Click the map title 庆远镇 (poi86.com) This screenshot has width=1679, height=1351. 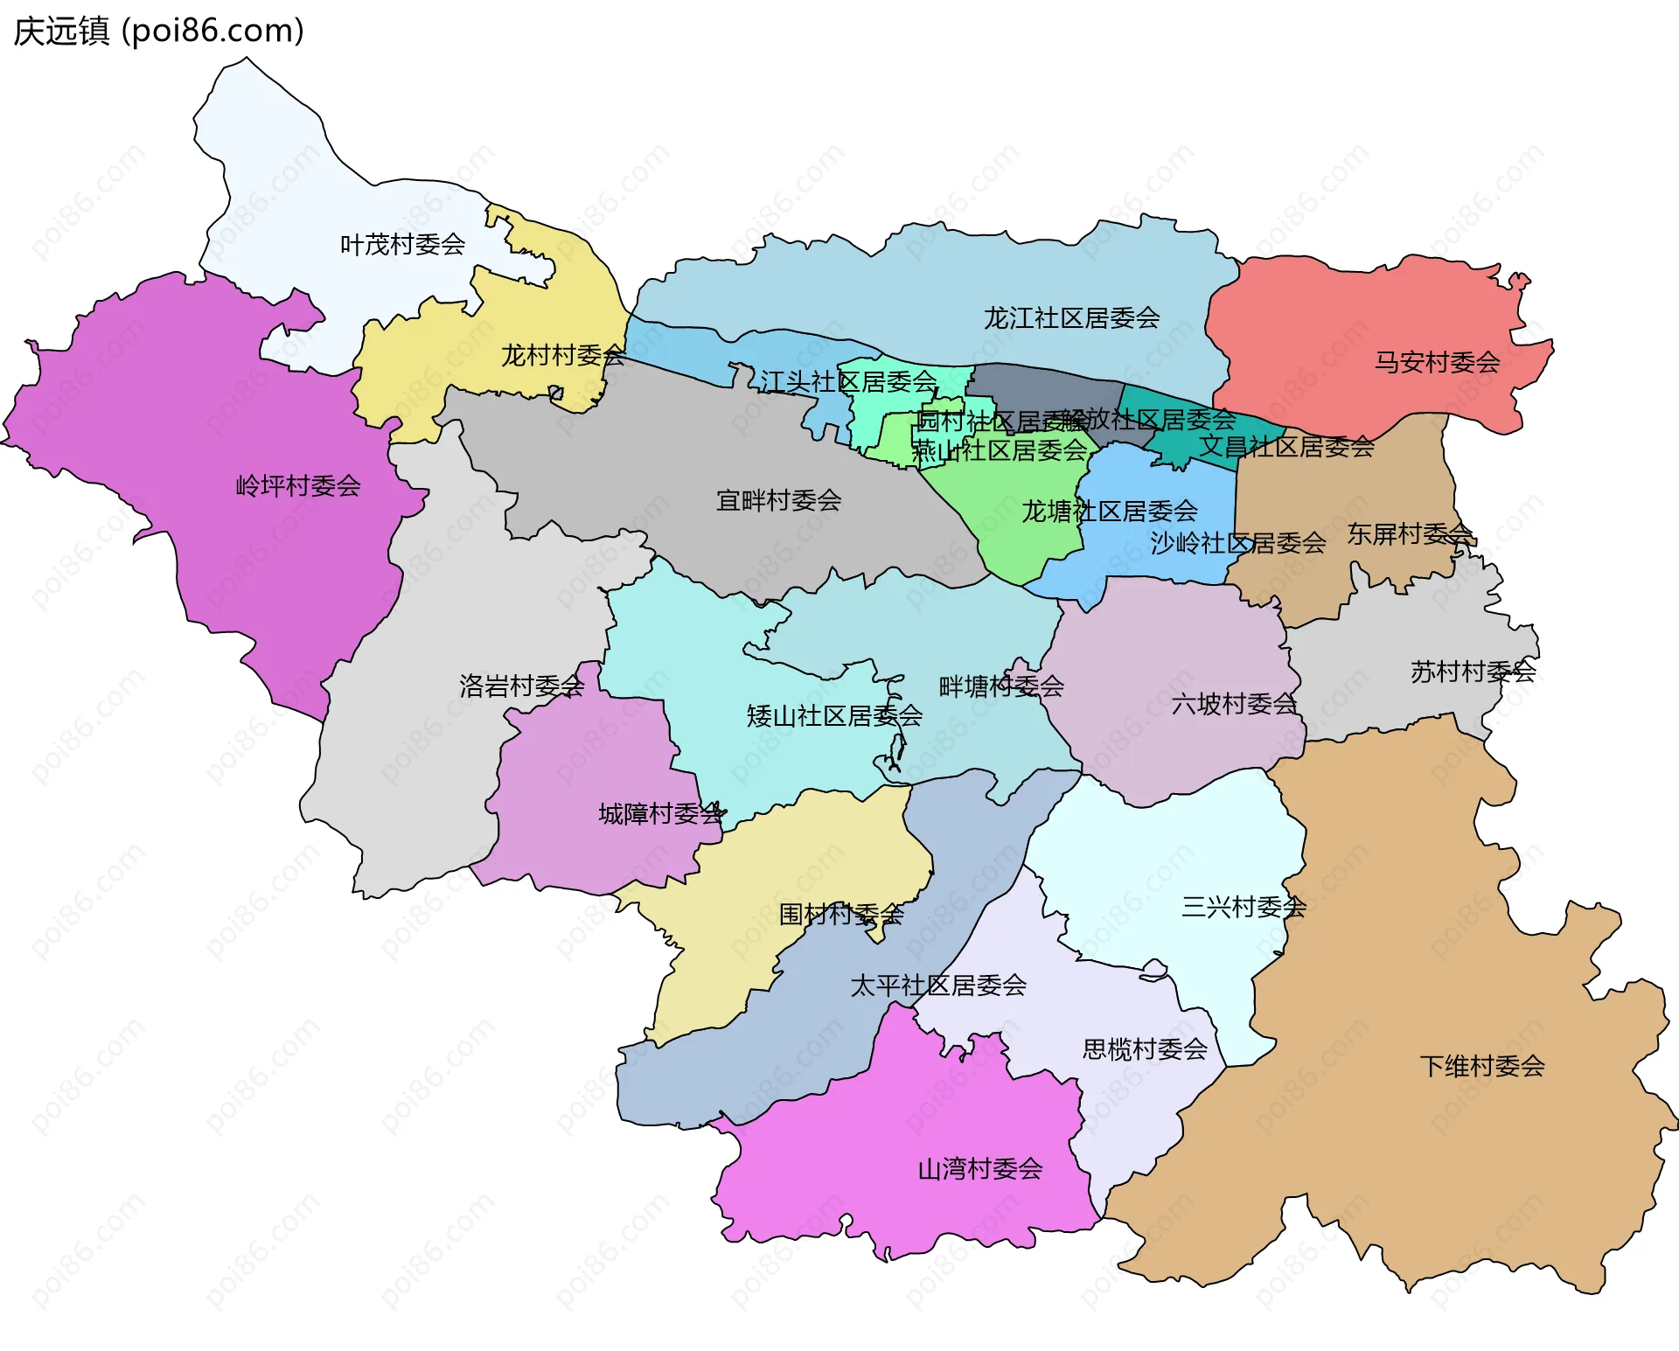[x=158, y=31]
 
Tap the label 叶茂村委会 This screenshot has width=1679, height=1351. [x=402, y=245]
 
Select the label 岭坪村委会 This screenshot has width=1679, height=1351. [x=298, y=486]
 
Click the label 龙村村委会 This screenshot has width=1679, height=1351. [x=562, y=356]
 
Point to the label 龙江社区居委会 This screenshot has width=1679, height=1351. [x=1071, y=318]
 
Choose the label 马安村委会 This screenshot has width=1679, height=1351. [x=1437, y=362]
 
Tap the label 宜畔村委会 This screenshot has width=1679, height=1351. [x=778, y=501]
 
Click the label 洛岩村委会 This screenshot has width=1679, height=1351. [x=521, y=686]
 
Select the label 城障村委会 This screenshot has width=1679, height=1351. [x=661, y=815]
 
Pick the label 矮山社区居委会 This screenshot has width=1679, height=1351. [x=834, y=716]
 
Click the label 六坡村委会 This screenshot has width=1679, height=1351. [x=1234, y=704]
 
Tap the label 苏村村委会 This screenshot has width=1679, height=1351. [x=1473, y=672]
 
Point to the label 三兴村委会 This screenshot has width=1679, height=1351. [x=1244, y=908]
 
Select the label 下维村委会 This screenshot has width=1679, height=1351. [x=1481, y=1067]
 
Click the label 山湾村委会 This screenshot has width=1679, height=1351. [x=979, y=1169]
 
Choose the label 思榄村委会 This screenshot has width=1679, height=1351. [x=1145, y=1049]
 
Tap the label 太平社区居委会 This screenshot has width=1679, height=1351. [x=938, y=986]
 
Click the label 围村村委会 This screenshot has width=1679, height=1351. [x=840, y=916]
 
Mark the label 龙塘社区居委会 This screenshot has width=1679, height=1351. [x=1109, y=512]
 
